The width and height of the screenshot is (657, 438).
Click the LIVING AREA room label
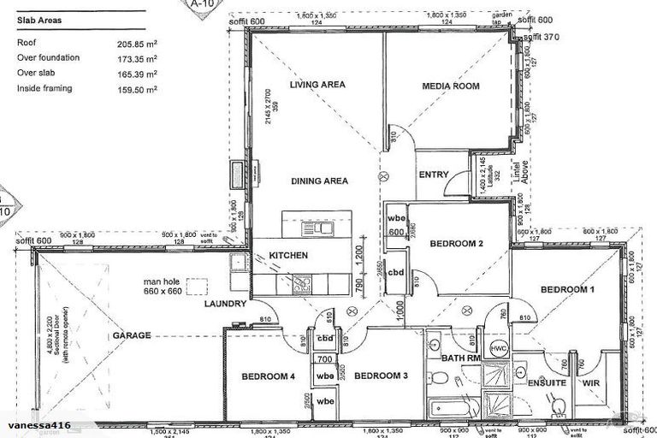[x=317, y=85]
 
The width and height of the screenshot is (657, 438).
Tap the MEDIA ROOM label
[x=451, y=86]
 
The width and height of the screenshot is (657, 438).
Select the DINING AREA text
[x=318, y=181]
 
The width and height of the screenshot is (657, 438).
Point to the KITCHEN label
[x=288, y=256]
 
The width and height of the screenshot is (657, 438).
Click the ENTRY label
[x=434, y=175]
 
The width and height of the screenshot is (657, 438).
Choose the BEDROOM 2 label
[x=456, y=244]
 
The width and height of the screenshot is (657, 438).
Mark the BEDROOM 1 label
[x=568, y=288]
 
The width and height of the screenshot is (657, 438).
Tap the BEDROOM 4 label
[x=268, y=376]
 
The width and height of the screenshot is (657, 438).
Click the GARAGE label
[x=131, y=336]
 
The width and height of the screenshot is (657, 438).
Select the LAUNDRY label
[x=226, y=304]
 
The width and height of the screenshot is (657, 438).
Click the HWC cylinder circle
[x=499, y=350]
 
